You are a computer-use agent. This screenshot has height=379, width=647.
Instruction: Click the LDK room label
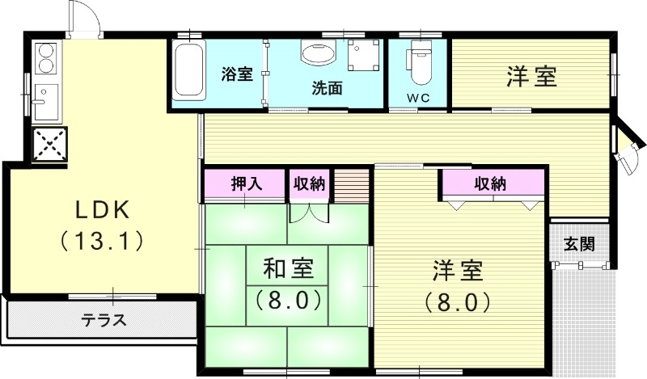pyautogui.click(x=103, y=210)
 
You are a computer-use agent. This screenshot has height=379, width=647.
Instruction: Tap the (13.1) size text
pyautogui.click(x=103, y=240)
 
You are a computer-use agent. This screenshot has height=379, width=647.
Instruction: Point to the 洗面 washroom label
pyautogui.click(x=327, y=87)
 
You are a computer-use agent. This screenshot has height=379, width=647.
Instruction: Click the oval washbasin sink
pyautogui.click(x=318, y=54)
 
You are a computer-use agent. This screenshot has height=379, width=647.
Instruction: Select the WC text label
pyautogui.click(x=417, y=99)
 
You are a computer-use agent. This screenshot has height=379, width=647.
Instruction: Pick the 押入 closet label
pyautogui.click(x=246, y=183)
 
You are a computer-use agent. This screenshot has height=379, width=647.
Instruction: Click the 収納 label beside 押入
pyautogui.click(x=309, y=183)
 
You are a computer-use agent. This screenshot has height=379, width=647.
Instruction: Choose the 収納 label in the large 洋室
pyautogui.click(x=490, y=183)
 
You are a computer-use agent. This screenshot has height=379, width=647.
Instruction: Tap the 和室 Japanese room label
pyautogui.click(x=289, y=267)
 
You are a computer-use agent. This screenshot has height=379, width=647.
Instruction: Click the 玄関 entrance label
pyautogui.click(x=579, y=242)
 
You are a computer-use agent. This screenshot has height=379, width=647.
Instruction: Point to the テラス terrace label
pyautogui.click(x=103, y=319)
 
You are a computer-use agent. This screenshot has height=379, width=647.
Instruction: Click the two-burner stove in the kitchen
pyautogui.click(x=47, y=58)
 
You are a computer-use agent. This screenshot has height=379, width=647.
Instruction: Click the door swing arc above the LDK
pyautogui.click(x=86, y=18)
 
